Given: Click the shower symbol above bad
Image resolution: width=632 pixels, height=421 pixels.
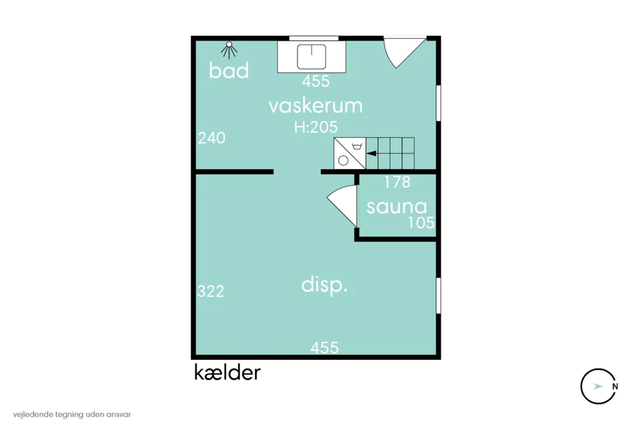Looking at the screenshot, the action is [229, 50].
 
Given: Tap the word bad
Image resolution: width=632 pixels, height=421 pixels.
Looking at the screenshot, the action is [228, 70].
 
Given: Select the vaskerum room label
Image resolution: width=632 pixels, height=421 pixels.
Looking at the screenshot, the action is [315, 106].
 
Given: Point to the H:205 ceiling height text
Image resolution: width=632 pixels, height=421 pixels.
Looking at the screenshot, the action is [315, 127].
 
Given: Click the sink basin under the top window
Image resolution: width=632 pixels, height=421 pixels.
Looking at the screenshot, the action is [312, 57].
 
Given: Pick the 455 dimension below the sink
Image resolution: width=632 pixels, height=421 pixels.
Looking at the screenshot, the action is [316, 81].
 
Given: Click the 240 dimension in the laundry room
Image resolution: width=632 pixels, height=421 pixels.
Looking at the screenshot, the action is [212, 138].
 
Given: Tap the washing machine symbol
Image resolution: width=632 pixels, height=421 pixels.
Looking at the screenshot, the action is [350, 153].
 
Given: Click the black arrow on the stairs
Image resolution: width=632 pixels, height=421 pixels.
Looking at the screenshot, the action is [372, 153].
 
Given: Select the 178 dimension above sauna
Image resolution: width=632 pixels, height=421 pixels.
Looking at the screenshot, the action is [397, 182].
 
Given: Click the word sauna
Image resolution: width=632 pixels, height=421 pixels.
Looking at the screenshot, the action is [397, 207].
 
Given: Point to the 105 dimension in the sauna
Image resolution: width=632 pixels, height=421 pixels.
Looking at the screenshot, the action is [421, 223].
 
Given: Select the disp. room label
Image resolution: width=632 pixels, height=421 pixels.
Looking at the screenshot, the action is [325, 286].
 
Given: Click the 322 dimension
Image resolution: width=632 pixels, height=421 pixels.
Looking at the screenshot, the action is [210, 291].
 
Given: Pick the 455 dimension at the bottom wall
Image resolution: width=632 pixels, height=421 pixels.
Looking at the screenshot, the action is [325, 348].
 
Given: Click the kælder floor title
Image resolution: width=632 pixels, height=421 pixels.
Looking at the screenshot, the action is [227, 373].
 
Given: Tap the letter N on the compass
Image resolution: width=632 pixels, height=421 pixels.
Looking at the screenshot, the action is [615, 386].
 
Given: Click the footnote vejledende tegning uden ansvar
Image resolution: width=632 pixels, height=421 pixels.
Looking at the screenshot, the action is [72, 414].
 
